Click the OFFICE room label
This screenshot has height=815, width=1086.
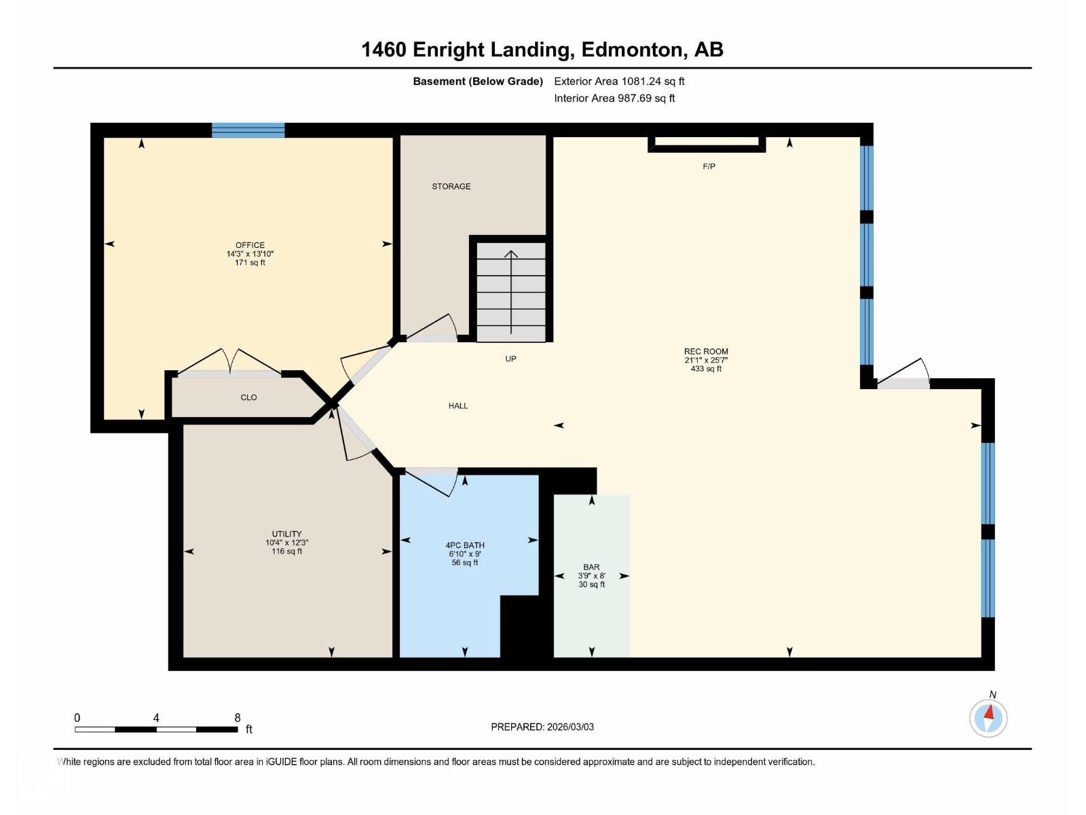(250, 245)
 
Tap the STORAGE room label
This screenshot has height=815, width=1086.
(451, 187)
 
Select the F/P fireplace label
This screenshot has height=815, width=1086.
(709, 167)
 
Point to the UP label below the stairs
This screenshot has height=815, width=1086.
(510, 359)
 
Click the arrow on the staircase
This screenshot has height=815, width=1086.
(511, 292)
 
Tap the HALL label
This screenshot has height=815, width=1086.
(458, 405)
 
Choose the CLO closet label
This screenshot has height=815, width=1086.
(249, 397)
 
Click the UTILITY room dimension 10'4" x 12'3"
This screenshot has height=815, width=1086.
(287, 543)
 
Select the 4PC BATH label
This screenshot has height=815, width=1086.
(465, 545)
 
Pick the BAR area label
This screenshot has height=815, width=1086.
(592, 567)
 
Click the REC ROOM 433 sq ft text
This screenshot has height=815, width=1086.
(706, 369)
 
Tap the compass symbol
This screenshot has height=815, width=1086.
(988, 718)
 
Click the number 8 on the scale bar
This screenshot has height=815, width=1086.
(238, 717)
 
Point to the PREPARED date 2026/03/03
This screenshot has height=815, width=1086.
(570, 727)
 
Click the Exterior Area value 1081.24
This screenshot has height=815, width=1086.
(641, 81)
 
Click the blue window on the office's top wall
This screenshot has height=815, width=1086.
(248, 130)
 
